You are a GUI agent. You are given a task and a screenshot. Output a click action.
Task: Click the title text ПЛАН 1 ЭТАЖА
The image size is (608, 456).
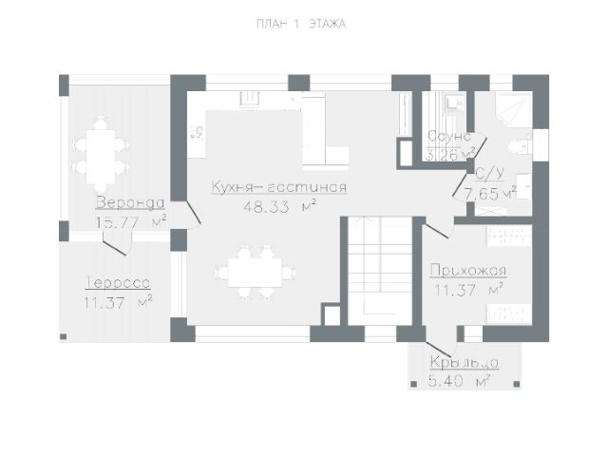click(x=299, y=25)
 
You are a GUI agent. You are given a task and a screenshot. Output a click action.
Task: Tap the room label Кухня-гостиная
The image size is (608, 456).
click(x=279, y=187)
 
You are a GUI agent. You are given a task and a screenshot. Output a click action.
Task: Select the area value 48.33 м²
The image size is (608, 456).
click(x=279, y=205)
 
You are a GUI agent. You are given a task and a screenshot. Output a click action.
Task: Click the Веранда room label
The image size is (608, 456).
click(x=130, y=203)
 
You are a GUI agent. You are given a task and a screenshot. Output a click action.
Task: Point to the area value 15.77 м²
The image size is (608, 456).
click(x=130, y=222)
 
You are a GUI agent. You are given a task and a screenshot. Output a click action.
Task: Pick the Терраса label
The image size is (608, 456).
click(x=117, y=283)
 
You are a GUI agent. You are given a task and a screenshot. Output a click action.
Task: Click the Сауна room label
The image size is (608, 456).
click(x=449, y=137)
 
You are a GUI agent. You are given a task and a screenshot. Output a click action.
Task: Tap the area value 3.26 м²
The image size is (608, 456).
click(x=450, y=153)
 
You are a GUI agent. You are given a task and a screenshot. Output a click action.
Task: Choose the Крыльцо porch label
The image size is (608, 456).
click(x=464, y=363)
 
